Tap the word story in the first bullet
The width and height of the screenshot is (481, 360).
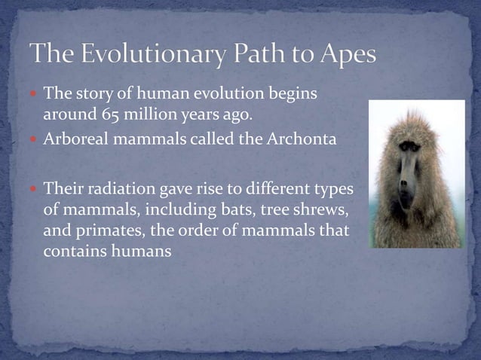[93, 94]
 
